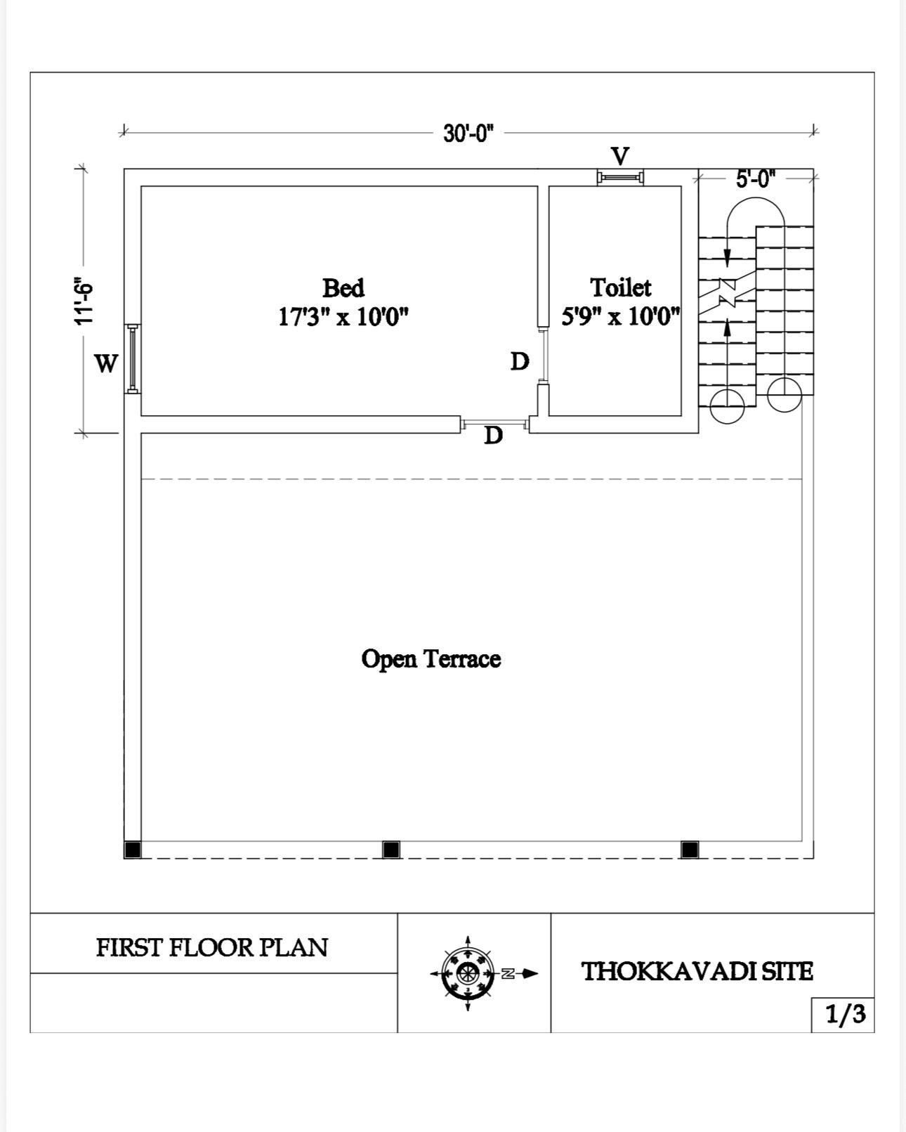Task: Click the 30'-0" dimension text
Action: [468, 134]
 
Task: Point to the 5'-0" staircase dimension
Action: [756, 179]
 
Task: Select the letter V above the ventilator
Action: [620, 156]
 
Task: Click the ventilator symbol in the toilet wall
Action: [620, 177]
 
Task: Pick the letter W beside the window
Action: [106, 363]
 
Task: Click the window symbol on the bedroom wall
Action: [133, 358]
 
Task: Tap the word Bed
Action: [343, 287]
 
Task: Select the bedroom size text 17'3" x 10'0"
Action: [343, 317]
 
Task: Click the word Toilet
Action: [620, 287]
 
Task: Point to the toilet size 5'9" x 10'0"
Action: [620, 317]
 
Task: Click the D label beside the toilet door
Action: [520, 361]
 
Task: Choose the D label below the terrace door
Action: [493, 435]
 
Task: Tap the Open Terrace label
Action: [431, 658]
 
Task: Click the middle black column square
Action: [390, 850]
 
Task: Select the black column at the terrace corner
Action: [133, 850]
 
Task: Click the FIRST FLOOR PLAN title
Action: [212, 947]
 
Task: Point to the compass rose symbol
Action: [468, 974]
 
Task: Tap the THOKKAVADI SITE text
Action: [697, 971]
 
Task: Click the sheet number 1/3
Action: [846, 1014]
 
